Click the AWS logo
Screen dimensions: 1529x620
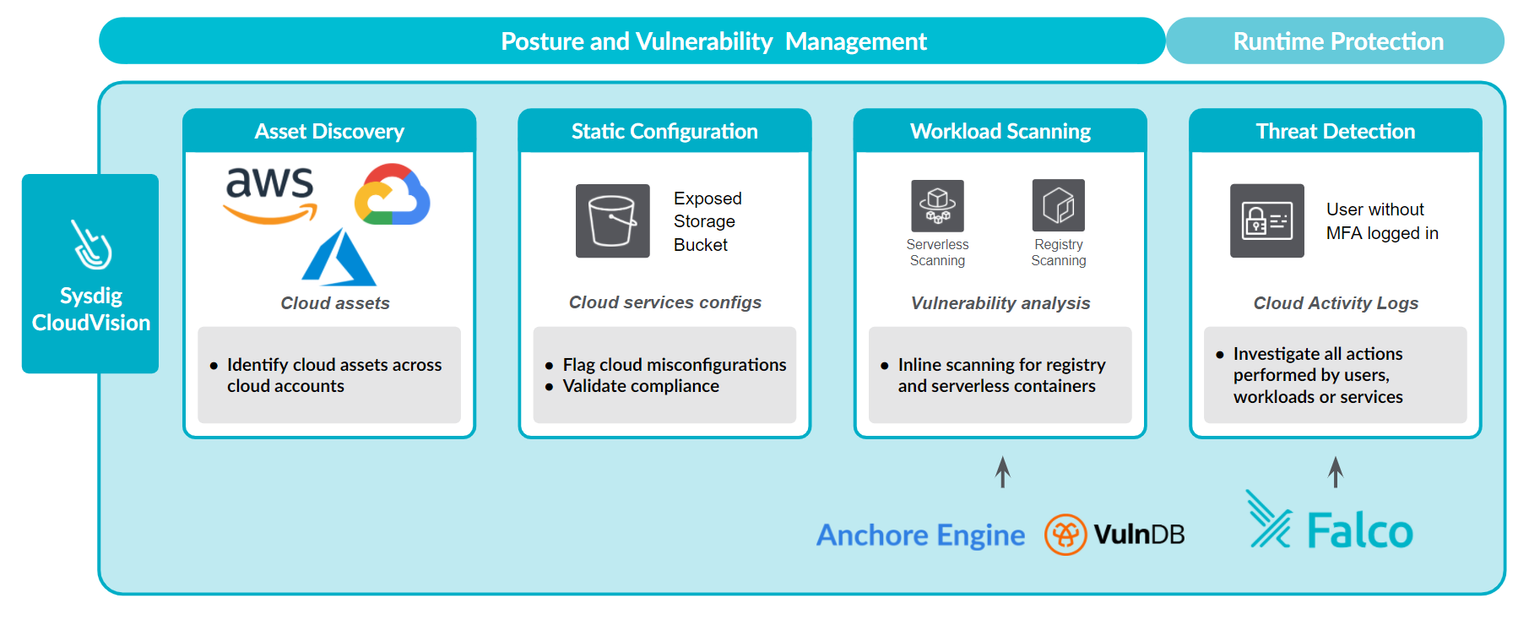tap(270, 194)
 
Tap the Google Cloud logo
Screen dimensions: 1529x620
tap(392, 194)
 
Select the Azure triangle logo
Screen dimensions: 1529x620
tap(339, 258)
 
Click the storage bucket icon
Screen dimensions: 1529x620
tap(613, 220)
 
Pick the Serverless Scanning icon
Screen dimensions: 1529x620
tap(937, 205)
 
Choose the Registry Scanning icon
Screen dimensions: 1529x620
tap(1059, 205)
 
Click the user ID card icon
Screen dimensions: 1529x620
tap(1267, 220)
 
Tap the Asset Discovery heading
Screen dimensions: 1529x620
tap(329, 132)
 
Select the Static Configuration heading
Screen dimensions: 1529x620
tap(664, 132)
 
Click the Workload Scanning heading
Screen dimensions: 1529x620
tap(1000, 132)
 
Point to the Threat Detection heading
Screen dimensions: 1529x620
tap(1336, 132)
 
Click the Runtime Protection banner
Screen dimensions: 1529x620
tap(1336, 41)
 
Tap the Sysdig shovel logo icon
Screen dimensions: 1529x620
tap(91, 244)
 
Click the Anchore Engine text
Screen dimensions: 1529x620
tap(920, 535)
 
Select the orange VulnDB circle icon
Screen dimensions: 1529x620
tap(1065, 535)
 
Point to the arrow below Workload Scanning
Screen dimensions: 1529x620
tap(1002, 472)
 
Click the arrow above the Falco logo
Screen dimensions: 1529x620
tap(1336, 472)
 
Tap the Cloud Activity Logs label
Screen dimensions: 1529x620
tap(1336, 303)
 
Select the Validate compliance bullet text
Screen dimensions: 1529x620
tap(641, 386)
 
